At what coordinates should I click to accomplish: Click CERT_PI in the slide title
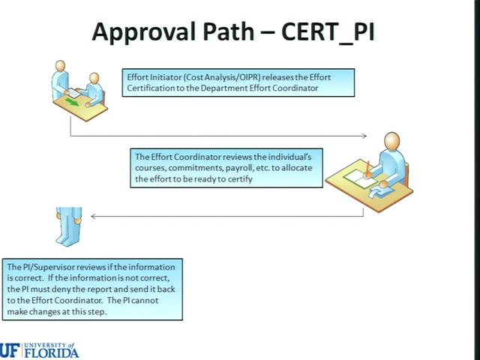(328, 32)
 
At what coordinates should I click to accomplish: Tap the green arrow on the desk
(72, 103)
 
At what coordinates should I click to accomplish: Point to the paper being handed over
(73, 93)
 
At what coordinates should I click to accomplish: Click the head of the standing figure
(60, 66)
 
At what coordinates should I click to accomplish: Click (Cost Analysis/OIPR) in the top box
(222, 77)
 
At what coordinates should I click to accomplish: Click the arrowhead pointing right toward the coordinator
(364, 136)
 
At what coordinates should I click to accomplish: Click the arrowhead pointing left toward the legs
(94, 216)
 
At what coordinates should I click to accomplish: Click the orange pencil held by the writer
(367, 169)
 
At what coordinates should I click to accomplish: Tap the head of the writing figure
(391, 141)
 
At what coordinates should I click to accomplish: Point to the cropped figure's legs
(68, 226)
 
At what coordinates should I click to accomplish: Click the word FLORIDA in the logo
(52, 352)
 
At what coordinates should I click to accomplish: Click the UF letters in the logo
(10, 351)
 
